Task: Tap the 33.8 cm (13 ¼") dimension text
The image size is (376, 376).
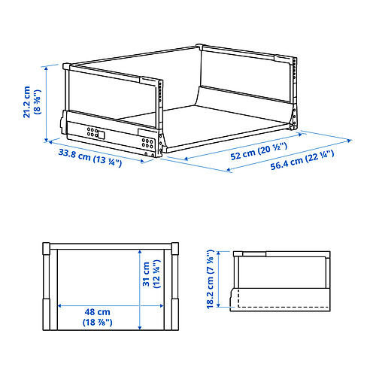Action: (x=90, y=158)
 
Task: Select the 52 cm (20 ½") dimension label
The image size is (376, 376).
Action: (x=259, y=151)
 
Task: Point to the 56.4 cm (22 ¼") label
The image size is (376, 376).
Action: (x=302, y=160)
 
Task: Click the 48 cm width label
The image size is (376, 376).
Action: (x=97, y=312)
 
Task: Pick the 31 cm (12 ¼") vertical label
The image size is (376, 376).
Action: (x=150, y=274)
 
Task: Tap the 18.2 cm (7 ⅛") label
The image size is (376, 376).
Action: (x=210, y=279)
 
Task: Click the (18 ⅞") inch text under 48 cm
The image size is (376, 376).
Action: (x=97, y=322)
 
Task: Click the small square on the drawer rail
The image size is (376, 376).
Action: (x=101, y=135)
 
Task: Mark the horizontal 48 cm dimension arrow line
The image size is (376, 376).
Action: (x=111, y=306)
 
